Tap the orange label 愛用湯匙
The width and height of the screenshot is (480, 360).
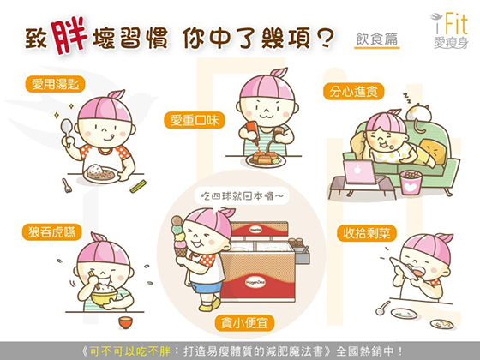[55, 84]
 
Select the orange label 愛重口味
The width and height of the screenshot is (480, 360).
[195, 120]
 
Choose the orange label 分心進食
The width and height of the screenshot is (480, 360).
[353, 91]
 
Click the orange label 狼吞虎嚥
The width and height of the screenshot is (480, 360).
[51, 232]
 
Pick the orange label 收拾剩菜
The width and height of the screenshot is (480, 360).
[367, 233]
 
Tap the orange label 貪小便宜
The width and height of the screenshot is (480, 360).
[244, 322]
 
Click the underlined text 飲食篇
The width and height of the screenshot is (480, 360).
[377, 39]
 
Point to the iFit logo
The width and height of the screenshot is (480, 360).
[450, 31]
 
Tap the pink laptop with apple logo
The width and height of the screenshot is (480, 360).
[359, 172]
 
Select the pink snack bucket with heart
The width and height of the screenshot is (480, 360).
[411, 183]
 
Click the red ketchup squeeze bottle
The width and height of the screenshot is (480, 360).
[251, 132]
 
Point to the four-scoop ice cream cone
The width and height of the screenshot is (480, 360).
[180, 237]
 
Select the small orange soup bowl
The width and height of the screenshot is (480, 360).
[125, 322]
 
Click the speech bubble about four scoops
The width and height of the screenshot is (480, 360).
[242, 196]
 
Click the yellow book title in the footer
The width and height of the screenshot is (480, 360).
[130, 351]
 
